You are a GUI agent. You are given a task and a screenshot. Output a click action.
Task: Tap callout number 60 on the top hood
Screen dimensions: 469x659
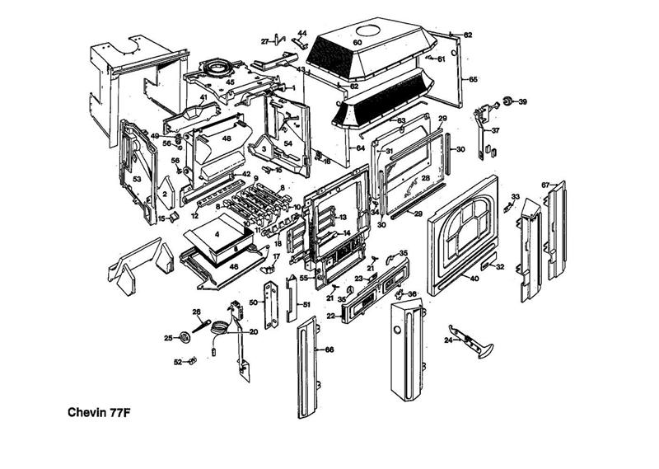point(358,42)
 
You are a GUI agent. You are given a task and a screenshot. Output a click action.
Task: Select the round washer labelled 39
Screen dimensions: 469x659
point(509,101)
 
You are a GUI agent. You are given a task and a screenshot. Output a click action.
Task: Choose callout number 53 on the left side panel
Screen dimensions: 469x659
point(138,179)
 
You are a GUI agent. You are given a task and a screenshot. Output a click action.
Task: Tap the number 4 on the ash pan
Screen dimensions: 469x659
point(217,234)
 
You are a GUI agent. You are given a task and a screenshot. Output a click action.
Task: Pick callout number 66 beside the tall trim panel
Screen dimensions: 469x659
point(329,350)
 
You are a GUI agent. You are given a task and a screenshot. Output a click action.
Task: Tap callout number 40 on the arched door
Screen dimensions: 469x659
point(474,279)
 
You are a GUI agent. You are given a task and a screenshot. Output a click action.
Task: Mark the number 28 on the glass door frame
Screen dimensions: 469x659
point(426,178)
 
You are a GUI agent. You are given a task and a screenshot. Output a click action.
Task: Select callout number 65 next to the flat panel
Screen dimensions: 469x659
point(474,79)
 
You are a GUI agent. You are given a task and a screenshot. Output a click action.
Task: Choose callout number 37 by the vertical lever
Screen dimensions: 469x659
point(495,130)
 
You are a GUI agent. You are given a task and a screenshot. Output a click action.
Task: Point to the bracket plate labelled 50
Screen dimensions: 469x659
point(269,303)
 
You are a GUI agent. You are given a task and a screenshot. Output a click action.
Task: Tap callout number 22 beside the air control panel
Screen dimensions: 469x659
point(330,316)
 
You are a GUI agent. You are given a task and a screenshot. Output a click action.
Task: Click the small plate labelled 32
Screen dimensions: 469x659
point(488,265)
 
